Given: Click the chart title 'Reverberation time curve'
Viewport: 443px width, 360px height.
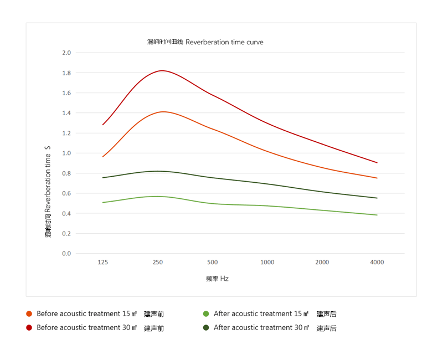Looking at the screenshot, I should [205, 42].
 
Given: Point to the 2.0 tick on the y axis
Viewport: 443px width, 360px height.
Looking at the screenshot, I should [66, 53].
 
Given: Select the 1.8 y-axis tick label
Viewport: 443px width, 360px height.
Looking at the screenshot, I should [66, 73].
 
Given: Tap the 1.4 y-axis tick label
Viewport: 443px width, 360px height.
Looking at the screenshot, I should [66, 113].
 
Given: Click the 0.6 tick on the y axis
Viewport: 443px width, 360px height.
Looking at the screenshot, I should [66, 193].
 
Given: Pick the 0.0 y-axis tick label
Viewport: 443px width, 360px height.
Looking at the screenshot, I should [66, 254].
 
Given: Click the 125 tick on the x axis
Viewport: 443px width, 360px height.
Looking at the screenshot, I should [102, 263].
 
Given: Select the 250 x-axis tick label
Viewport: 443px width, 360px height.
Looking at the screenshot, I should [157, 263].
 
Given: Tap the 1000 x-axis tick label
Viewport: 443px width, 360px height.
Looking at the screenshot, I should [267, 263].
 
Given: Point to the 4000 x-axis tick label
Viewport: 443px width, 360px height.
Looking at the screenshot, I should [377, 263].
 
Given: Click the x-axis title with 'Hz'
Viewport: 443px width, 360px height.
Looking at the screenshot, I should [217, 279].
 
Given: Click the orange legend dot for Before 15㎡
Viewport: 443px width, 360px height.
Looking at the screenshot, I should [29, 314].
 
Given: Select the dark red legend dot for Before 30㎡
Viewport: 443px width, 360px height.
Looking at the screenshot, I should [29, 328].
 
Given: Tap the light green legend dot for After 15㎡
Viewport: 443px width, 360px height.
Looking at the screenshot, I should [206, 314].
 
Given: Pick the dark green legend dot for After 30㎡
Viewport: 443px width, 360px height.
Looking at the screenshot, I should [206, 328].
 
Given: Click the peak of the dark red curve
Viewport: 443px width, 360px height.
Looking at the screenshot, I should [162, 70].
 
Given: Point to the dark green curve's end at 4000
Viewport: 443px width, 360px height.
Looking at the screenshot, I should [377, 198].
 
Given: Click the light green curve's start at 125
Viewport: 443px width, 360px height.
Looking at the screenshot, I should [102, 203].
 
